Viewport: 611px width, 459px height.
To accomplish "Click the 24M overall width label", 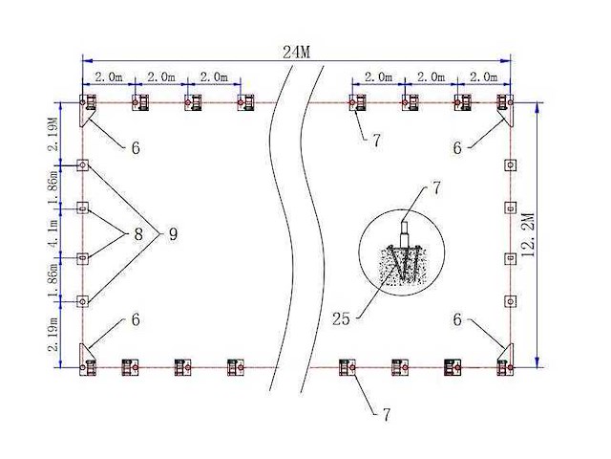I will click(297, 53).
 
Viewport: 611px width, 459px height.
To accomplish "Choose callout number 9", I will click(173, 232).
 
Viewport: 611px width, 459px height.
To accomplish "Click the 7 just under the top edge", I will click(376, 141).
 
